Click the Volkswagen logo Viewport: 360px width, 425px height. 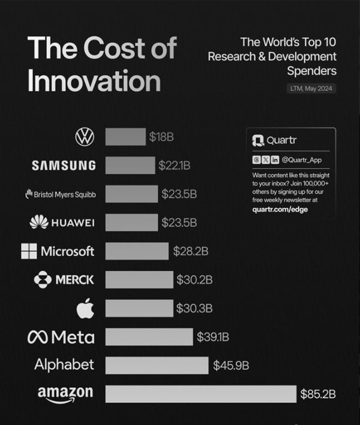pyautogui.click(x=85, y=137)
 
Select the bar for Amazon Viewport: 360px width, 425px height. pyautogui.click(x=201, y=394)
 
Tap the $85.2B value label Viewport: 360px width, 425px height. pyautogui.click(x=317, y=394)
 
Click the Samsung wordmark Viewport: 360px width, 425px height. pyautogui.click(x=64, y=165)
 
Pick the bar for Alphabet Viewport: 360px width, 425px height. pyautogui.click(x=157, y=365)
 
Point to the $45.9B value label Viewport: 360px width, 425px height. pyautogui.click(x=231, y=365)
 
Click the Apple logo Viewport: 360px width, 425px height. pyautogui.click(x=85, y=309)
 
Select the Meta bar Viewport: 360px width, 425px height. pyautogui.click(x=149, y=337)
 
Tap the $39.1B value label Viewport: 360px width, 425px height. pyautogui.click(x=213, y=337)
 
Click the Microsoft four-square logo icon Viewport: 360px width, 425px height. pyautogui.click(x=29, y=251)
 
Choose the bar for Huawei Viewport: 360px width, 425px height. pyautogui.click(x=131, y=222)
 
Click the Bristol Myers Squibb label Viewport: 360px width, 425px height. pyautogui.click(x=60, y=194)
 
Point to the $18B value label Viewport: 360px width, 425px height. pyautogui.click(x=161, y=137)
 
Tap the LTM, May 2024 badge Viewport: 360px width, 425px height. pyautogui.click(x=311, y=89)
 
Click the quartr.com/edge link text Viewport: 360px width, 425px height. pyautogui.click(x=280, y=209)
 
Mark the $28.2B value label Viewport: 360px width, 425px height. pyautogui.click(x=190, y=251)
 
